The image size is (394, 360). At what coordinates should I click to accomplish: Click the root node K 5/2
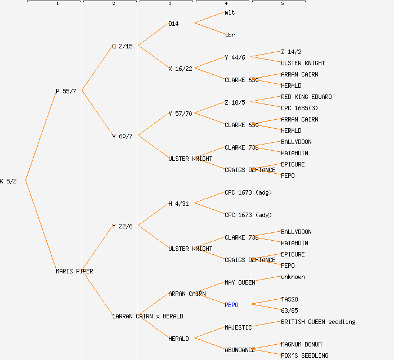(8, 181)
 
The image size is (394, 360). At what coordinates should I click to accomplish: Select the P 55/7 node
(66, 91)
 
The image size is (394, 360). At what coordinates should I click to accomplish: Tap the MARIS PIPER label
(74, 271)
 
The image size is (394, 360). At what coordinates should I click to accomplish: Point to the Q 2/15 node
(122, 46)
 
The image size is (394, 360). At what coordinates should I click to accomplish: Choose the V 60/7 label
(122, 136)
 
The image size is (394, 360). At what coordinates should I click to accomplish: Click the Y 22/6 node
(122, 226)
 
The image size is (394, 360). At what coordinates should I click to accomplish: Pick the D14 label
(173, 24)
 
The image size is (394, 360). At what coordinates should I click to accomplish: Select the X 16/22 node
(180, 69)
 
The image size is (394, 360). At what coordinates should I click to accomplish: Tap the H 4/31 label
(178, 204)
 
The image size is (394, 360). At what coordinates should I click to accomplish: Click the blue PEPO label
(231, 305)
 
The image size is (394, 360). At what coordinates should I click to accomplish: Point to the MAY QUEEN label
(240, 282)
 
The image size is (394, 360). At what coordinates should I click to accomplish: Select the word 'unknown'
(293, 277)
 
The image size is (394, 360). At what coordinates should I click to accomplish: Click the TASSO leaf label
(289, 299)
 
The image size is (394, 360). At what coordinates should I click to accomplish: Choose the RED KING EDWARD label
(306, 97)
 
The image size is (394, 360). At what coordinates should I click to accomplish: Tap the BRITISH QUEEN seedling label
(318, 322)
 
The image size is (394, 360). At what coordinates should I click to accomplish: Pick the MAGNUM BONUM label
(301, 344)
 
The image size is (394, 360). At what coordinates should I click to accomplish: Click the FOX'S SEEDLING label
(305, 355)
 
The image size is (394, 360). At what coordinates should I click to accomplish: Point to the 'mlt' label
(230, 12)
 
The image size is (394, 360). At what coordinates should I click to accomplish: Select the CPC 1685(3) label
(299, 108)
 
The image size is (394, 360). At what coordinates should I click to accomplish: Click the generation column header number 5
(283, 4)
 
